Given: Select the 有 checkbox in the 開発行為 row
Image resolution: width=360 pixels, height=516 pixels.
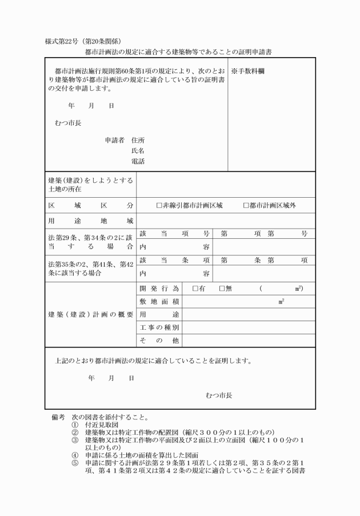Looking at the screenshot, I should (x=195, y=289).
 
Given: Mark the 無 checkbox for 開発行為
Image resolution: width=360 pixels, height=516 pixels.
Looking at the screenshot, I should (x=222, y=289).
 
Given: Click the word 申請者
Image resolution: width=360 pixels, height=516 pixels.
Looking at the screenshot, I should (x=115, y=140).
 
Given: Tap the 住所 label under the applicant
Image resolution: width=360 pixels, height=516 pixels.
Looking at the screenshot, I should (x=138, y=140).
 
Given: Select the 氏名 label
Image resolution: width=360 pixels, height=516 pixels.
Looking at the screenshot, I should (x=138, y=150).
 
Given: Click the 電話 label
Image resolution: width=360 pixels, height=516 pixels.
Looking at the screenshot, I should (x=138, y=161).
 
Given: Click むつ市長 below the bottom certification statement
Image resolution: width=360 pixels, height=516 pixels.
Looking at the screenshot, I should (x=219, y=394).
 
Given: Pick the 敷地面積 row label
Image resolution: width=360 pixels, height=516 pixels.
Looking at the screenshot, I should (x=159, y=301).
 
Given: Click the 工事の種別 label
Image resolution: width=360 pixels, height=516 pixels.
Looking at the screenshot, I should (x=159, y=327).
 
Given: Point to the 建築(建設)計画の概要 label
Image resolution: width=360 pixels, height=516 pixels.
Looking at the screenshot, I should (x=90, y=315).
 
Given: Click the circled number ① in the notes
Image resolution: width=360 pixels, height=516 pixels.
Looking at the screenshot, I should (x=75, y=425).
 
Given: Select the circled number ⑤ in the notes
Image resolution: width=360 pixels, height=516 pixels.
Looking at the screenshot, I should (x=75, y=462).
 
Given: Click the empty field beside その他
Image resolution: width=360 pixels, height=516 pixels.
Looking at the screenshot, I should (x=249, y=341).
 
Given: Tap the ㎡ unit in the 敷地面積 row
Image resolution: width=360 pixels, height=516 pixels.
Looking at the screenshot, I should (x=281, y=301).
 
